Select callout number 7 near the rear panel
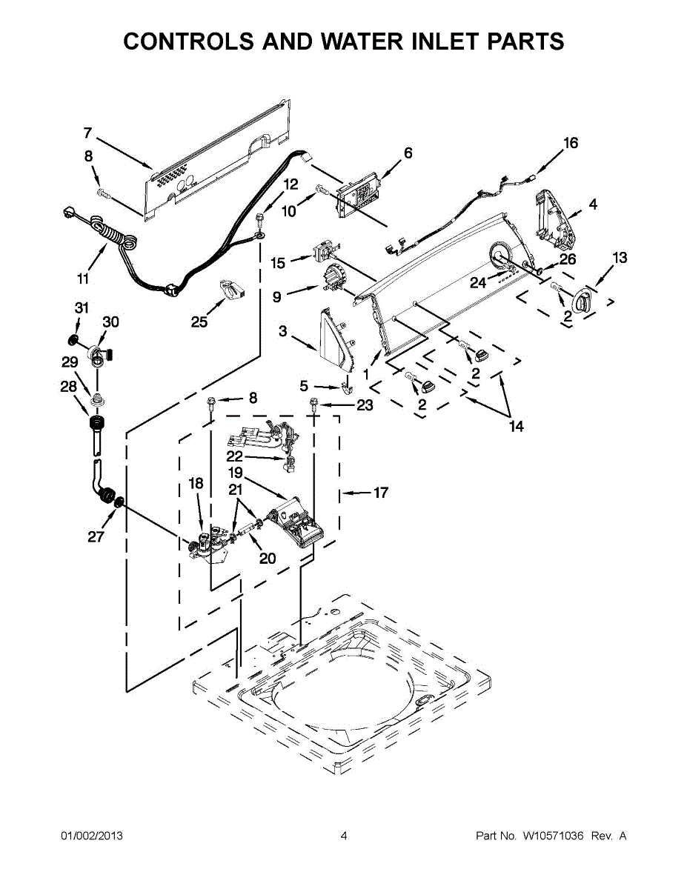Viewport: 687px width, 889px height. point(87,133)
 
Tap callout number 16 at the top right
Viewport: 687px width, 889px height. point(570,143)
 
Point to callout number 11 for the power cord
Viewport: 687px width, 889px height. point(83,279)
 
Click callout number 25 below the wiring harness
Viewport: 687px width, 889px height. point(199,321)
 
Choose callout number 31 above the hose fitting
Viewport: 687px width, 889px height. point(82,307)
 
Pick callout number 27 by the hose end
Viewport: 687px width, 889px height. point(96,537)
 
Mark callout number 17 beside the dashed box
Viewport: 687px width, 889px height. point(380,492)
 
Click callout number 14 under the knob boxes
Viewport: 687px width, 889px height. point(516,426)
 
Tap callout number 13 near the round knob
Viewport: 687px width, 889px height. point(620,258)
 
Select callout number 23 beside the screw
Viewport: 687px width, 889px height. point(365,405)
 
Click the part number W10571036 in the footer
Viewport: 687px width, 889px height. point(554,836)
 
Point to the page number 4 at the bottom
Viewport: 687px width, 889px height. point(344,836)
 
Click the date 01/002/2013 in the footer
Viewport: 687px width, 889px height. point(91,836)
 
